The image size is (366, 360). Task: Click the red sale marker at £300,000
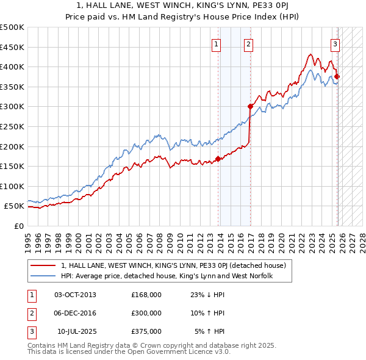tap(250, 106)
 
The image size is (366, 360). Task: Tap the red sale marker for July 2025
tap(337, 76)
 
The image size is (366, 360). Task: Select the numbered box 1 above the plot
tap(217, 43)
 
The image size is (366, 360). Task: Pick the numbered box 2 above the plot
tap(249, 43)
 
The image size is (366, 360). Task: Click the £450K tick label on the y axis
tap(12, 47)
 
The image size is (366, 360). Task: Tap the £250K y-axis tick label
tap(12, 126)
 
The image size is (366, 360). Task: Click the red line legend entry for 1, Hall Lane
tap(177, 265)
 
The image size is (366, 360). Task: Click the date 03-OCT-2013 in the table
tap(75, 295)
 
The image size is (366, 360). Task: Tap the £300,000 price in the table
tap(146, 313)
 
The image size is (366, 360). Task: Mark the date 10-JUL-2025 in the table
tap(76, 331)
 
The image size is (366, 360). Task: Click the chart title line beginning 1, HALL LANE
tap(183, 6)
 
